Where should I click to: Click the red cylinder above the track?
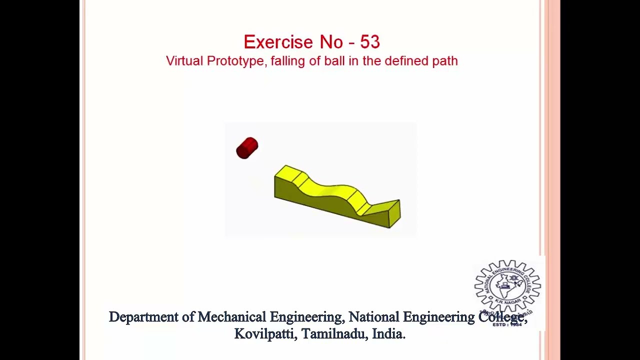coord(247,148)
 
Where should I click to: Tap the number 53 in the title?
coord(369,42)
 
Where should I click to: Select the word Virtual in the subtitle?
coord(184,61)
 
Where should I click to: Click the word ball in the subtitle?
coord(333,61)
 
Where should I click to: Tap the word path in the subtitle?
coord(445,61)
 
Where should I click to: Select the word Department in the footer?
coord(143,317)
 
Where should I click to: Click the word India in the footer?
coord(388,334)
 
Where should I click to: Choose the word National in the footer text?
coord(373,317)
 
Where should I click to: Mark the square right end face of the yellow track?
coord(394,214)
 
